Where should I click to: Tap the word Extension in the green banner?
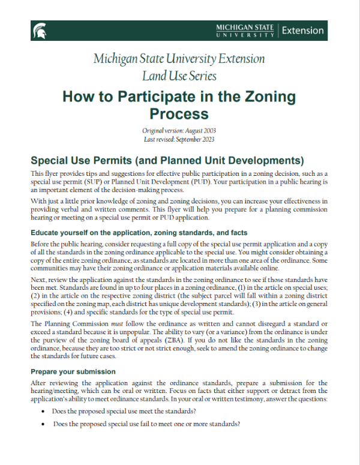pyautogui.click(x=302, y=31)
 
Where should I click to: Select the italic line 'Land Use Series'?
pyautogui.click(x=179, y=76)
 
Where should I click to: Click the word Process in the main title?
pyautogui.click(x=179, y=113)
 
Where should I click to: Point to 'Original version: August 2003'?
pyautogui.click(x=179, y=131)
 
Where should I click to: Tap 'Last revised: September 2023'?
pyautogui.click(x=179, y=139)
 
